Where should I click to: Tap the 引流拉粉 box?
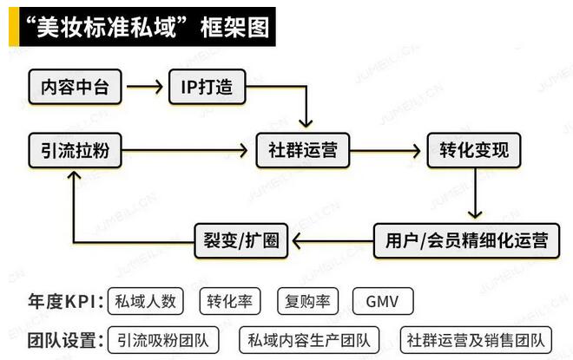(x=76, y=151)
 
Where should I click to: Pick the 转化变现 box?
(x=473, y=151)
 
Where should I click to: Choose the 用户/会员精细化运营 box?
(x=466, y=239)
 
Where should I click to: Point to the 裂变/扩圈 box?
(x=240, y=239)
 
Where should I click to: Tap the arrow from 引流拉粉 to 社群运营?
(x=187, y=151)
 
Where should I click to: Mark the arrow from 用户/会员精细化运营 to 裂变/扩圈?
(x=332, y=239)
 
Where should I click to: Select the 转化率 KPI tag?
(x=230, y=301)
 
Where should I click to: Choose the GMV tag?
(x=383, y=301)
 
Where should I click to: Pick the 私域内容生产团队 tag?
(x=308, y=339)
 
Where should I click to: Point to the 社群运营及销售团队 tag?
(x=476, y=339)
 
